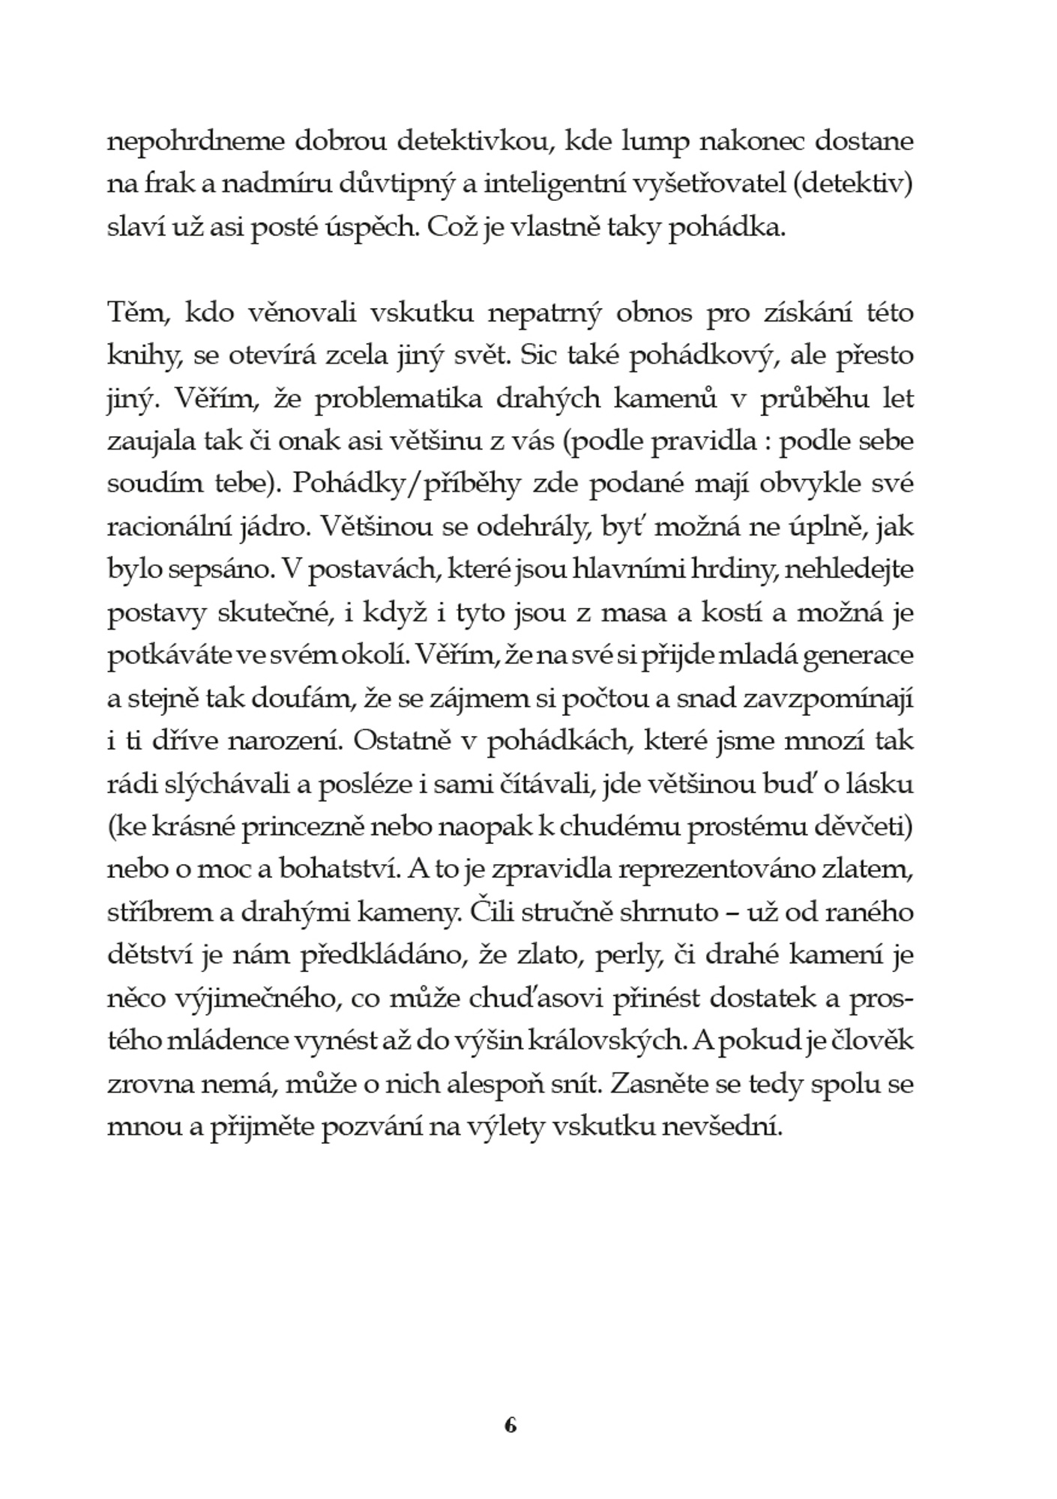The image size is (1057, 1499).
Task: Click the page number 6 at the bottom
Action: coord(511,1426)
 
